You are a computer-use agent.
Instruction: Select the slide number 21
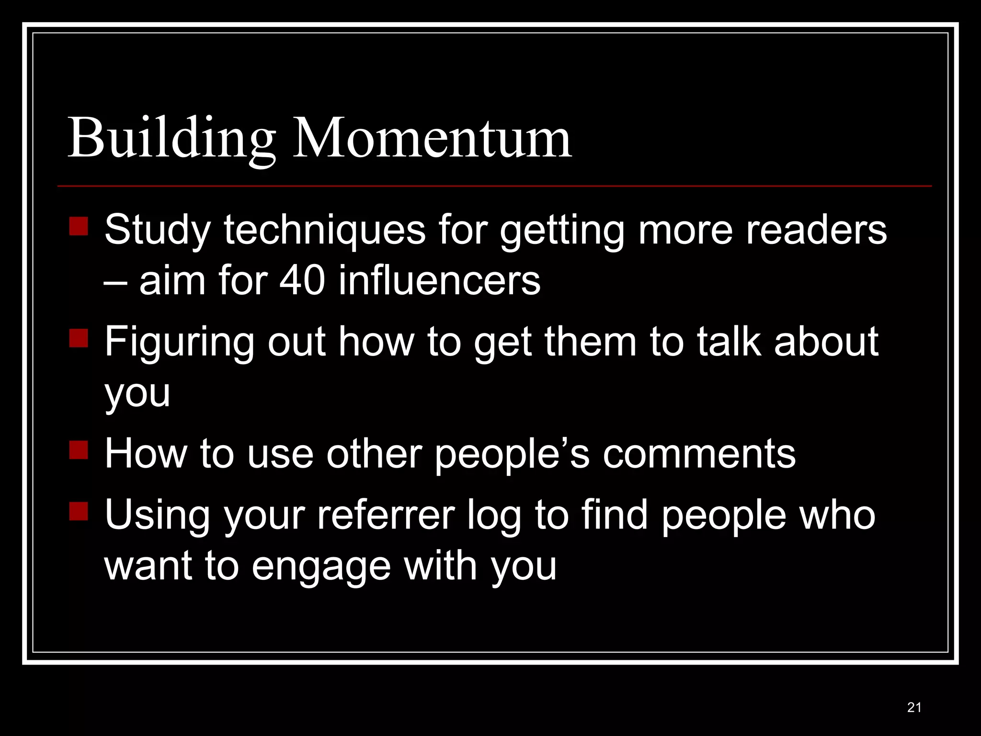click(x=914, y=707)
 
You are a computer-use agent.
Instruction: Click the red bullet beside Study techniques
click(x=79, y=226)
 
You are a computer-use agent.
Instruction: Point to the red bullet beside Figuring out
click(x=79, y=338)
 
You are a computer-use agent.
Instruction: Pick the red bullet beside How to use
click(x=79, y=450)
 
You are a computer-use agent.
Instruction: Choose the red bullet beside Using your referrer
click(x=79, y=511)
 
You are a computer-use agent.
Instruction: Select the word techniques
click(x=324, y=229)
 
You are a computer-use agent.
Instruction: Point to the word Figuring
click(x=179, y=342)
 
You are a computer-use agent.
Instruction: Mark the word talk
click(x=729, y=341)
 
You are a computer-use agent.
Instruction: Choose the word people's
click(x=512, y=454)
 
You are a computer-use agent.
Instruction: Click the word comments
click(x=699, y=454)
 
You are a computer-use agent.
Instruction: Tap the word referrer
click(x=386, y=515)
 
